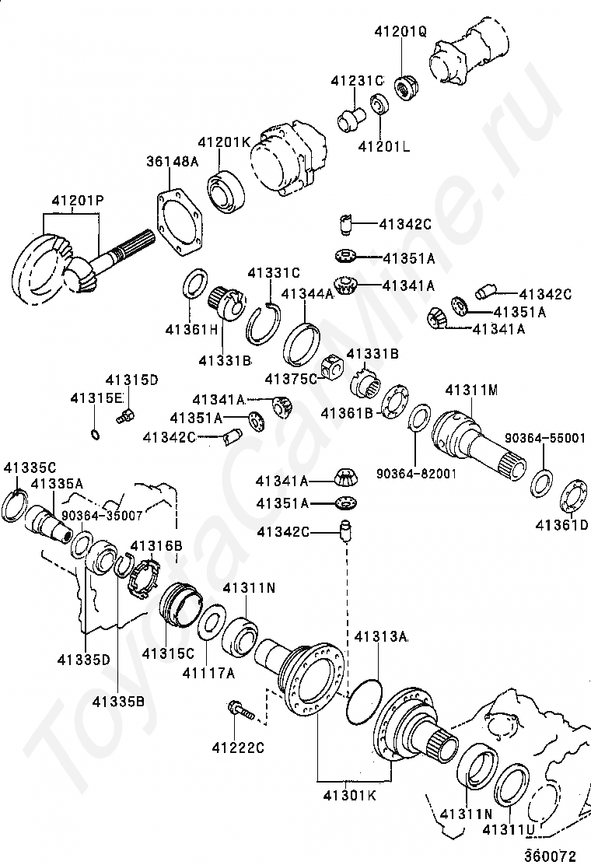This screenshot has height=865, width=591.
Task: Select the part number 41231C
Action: (x=357, y=80)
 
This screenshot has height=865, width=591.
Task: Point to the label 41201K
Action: (x=224, y=142)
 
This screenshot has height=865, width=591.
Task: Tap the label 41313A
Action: (x=381, y=636)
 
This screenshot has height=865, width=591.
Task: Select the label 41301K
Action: (x=351, y=797)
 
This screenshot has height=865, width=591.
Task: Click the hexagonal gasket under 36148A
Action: (x=180, y=219)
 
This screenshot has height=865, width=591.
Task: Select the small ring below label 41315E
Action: (x=95, y=433)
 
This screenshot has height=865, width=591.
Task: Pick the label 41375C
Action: (x=291, y=379)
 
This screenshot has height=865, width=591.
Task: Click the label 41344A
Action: (x=307, y=293)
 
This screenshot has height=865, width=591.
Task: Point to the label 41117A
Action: (x=208, y=673)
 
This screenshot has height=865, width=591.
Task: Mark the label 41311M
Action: (x=471, y=389)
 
